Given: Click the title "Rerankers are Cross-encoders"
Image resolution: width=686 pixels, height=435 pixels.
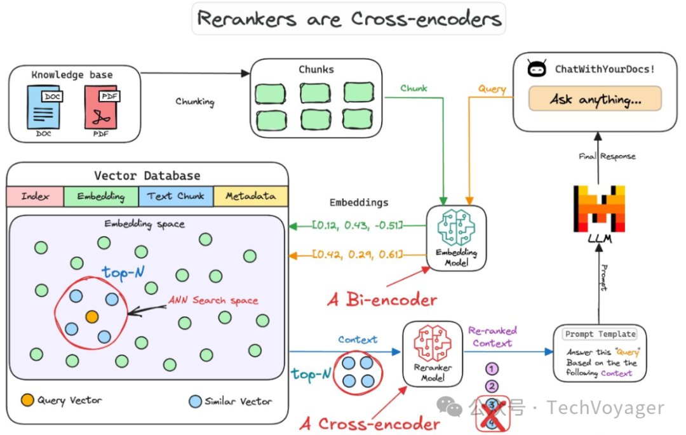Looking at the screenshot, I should pos(348,18).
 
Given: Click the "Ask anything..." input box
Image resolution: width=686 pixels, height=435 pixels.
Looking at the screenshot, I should pos(595,99).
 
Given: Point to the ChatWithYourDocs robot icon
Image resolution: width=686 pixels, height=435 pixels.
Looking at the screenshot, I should pos(537,69).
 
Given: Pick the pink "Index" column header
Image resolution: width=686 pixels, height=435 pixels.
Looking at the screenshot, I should pos(35,196).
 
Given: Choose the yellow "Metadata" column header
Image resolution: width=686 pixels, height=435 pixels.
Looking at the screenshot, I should pos(251,196).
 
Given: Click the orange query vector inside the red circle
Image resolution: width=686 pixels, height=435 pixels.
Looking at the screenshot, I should pos(92,316).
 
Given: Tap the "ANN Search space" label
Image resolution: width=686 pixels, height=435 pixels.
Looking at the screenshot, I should pos(213,300).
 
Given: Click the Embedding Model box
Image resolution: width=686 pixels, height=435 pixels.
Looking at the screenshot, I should pos(456,236).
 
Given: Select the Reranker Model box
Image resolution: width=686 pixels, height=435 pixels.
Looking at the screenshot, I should pos(433,353).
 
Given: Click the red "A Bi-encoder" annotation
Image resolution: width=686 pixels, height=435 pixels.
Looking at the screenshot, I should pos(382,300).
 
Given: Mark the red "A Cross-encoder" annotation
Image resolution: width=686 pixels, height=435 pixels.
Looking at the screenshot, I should pos(370,424).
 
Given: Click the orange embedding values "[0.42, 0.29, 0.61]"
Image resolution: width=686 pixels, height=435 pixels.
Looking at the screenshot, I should pos(358,255).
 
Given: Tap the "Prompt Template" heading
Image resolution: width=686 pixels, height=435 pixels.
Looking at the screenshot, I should pos(600,334).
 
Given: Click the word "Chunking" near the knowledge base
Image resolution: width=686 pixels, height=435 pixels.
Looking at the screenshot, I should pos(195,102).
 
